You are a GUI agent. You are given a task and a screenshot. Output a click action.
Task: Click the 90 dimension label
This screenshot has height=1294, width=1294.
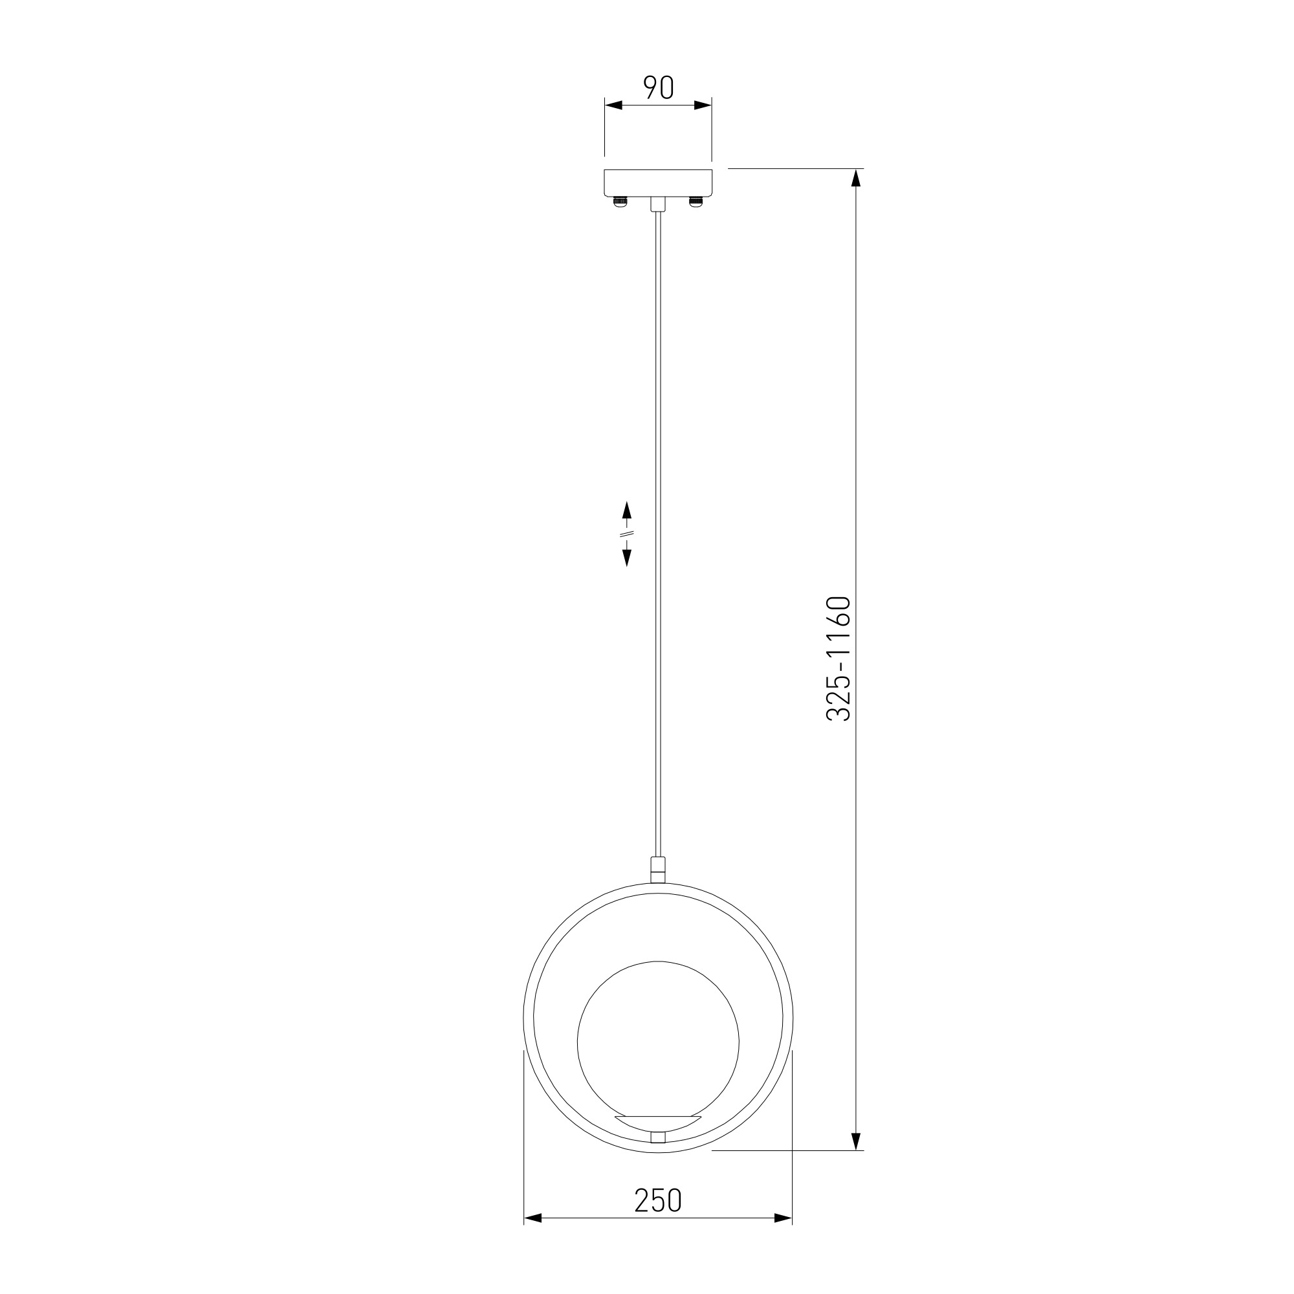658,88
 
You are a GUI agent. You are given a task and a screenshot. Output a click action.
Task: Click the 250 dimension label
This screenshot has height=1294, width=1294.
658,1201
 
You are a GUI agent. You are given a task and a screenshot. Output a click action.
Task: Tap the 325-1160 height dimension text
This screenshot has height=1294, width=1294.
838,659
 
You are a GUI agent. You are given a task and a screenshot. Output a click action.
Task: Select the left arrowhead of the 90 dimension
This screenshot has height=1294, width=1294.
613,105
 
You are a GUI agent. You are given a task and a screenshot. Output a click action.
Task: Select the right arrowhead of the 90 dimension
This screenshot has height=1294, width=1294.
703,105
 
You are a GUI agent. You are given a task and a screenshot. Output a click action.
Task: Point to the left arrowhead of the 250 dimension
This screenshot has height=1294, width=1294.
532,1237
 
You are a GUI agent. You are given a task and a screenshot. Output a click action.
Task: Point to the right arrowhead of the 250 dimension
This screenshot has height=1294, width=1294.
783,1237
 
